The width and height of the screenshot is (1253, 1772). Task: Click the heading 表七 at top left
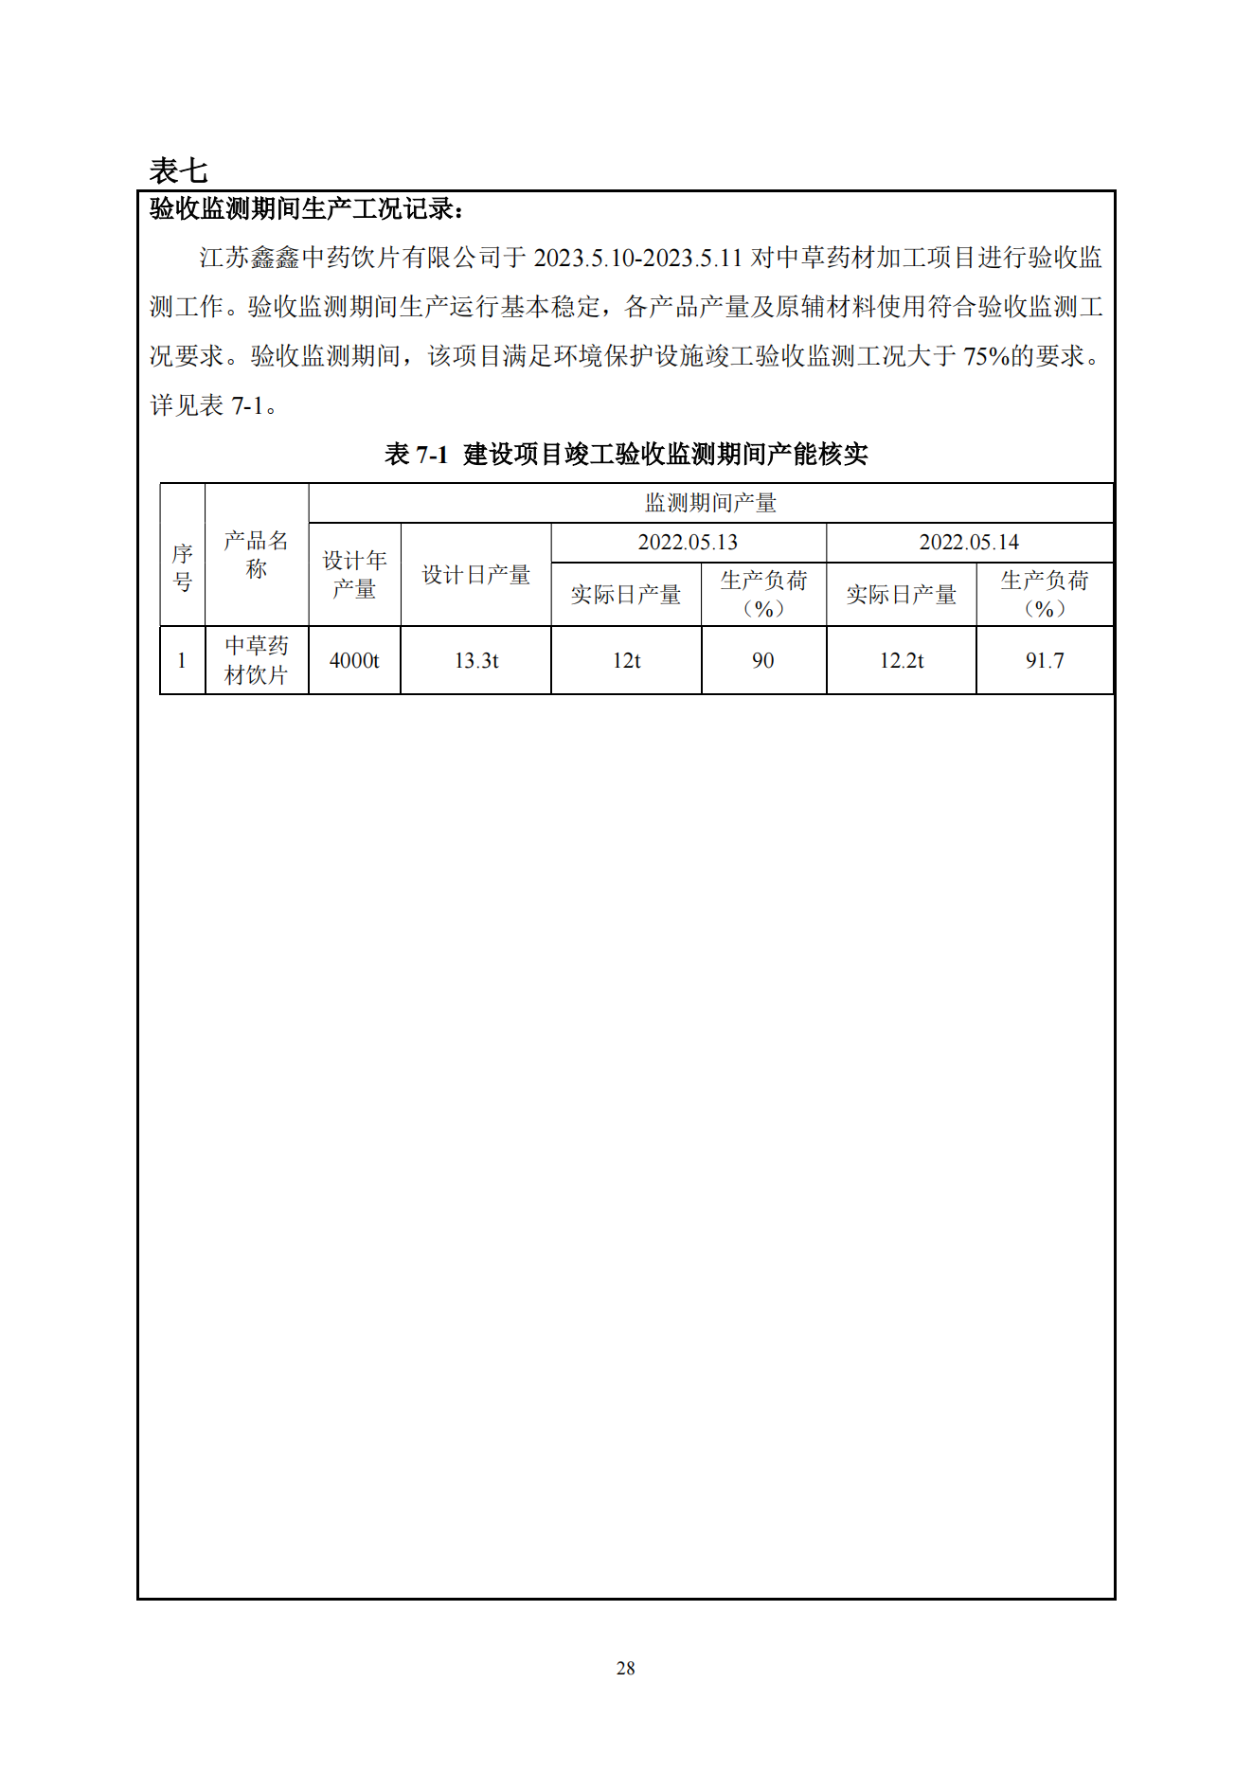tap(178, 170)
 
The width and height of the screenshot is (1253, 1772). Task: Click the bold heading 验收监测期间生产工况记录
tap(306, 208)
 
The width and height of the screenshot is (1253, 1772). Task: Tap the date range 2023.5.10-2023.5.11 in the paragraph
tap(637, 258)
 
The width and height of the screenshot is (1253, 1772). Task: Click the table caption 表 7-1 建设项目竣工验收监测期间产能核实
tap(626, 455)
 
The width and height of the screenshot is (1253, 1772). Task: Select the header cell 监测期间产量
tap(710, 503)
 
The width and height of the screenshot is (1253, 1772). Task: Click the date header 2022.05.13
tap(688, 543)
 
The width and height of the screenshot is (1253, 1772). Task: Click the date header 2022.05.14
tap(969, 543)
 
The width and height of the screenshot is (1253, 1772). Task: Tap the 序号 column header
tap(183, 566)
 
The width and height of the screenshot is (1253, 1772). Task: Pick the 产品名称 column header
tap(256, 554)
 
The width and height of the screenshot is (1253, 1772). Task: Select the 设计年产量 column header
tap(354, 574)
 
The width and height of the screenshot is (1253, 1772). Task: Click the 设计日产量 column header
tap(475, 575)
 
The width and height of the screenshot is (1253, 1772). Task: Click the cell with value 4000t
tap(354, 661)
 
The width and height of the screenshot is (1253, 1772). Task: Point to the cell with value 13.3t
tap(475, 661)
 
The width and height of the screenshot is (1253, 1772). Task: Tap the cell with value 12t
tap(626, 661)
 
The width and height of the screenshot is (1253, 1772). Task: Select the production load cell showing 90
tap(763, 661)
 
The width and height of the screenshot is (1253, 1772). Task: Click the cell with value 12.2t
tap(901, 661)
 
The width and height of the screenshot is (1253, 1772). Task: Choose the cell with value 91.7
tap(1045, 661)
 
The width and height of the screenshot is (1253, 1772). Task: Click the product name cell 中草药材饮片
tap(256, 660)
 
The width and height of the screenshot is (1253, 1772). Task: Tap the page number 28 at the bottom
tap(625, 1668)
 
